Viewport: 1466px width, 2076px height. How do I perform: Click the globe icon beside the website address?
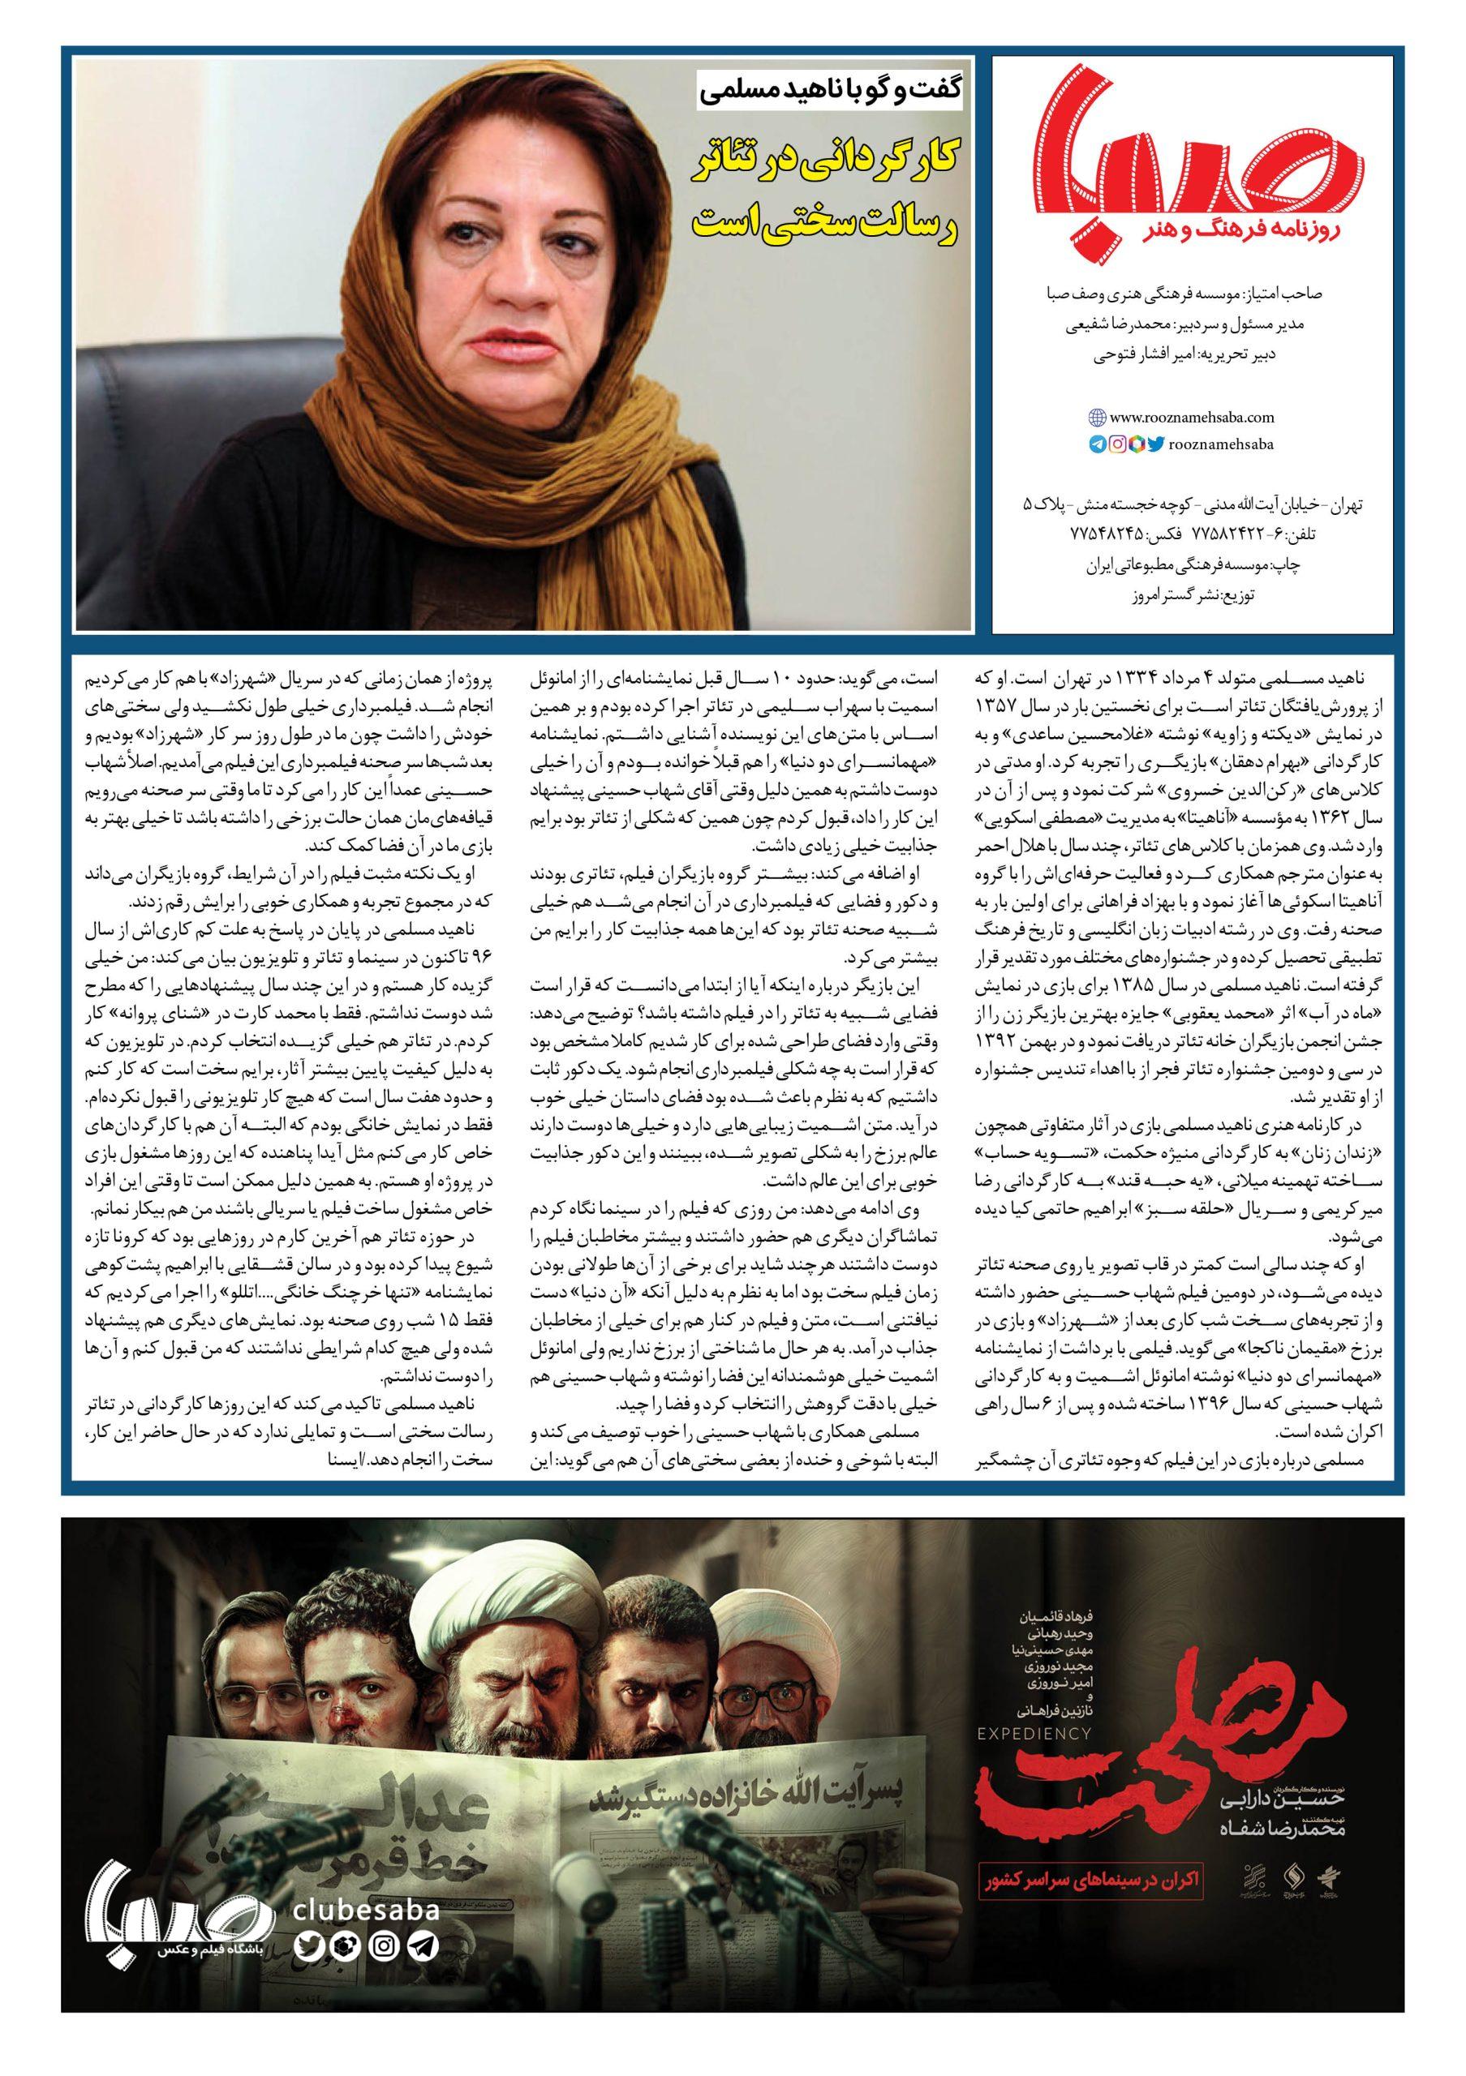pyautogui.click(x=1096, y=418)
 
